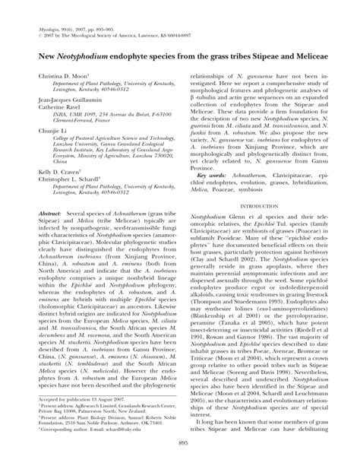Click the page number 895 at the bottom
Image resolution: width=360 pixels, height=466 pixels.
(180, 448)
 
